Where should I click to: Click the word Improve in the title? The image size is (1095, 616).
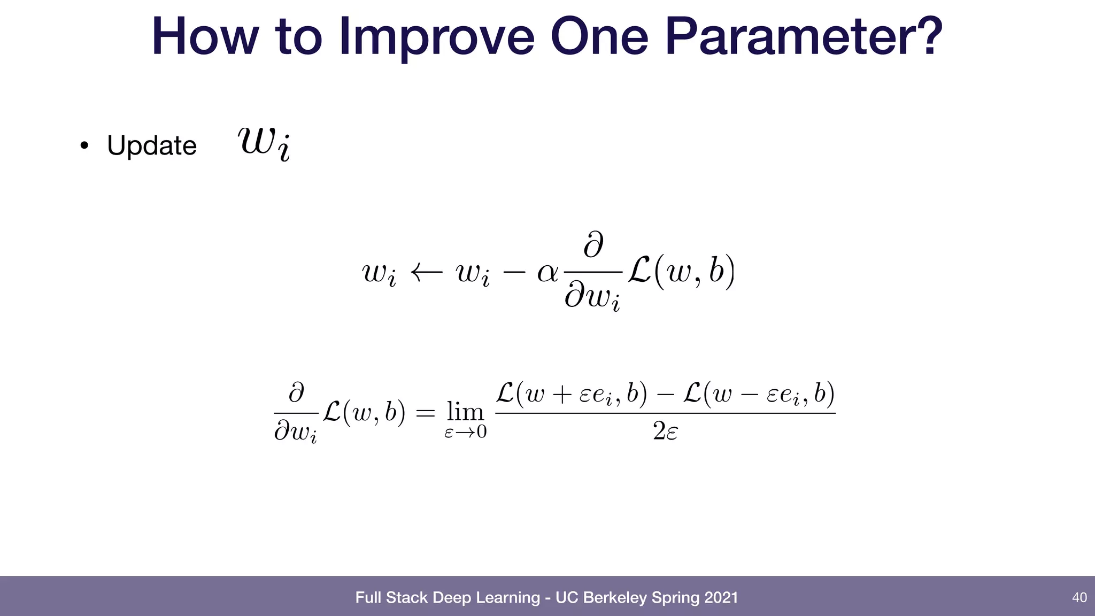click(x=436, y=37)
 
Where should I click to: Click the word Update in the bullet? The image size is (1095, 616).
click(x=152, y=145)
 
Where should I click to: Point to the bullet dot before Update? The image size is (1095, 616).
click(x=83, y=145)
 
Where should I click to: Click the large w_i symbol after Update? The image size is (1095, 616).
click(x=264, y=143)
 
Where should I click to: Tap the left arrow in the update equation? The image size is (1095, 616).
click(x=426, y=273)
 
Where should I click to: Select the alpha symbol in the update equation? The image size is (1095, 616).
click(x=547, y=273)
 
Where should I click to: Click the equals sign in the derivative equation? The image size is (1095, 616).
click(x=426, y=413)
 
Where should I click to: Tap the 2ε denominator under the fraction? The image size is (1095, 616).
click(x=665, y=431)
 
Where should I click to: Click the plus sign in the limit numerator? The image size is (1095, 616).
click(x=561, y=396)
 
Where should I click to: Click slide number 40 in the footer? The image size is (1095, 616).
click(x=1079, y=597)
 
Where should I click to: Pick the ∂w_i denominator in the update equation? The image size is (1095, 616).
click(x=592, y=297)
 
